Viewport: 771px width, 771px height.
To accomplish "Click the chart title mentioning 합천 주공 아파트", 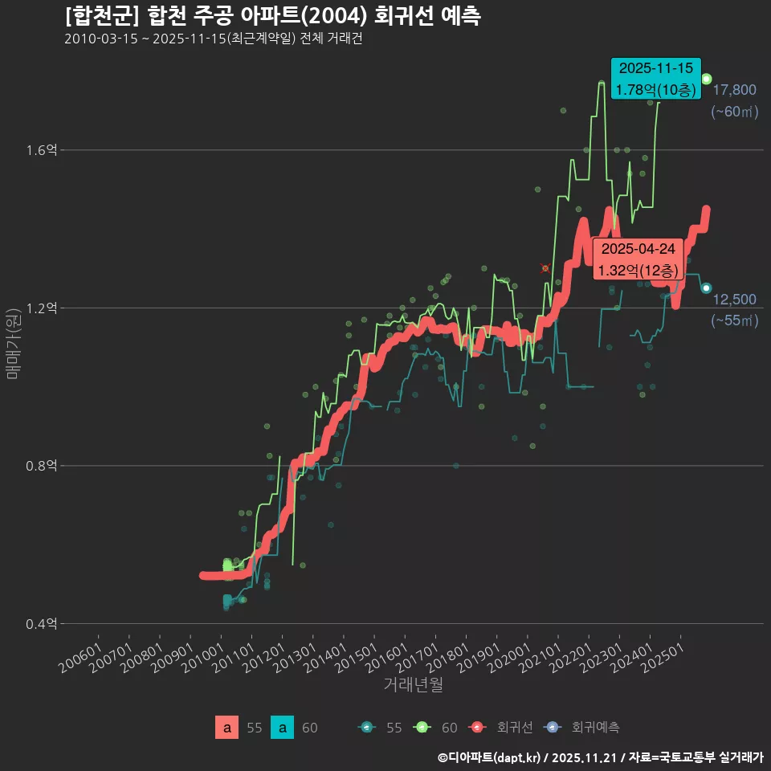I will tap(273, 15).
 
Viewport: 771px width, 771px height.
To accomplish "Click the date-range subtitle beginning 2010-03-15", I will tap(214, 39).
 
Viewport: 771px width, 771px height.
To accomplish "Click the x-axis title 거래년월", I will tap(413, 684).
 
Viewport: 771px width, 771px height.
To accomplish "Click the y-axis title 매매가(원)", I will tap(13, 344).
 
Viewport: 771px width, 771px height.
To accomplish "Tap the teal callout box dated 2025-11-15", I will tap(654, 79).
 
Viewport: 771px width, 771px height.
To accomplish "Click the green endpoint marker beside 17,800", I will tap(706, 79).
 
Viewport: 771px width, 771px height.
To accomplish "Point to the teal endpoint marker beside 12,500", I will tap(706, 288).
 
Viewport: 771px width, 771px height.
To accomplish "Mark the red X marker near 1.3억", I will tap(545, 268).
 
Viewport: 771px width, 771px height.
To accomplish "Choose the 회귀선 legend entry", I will tap(499, 728).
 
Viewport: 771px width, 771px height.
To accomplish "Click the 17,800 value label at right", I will tap(734, 90).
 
